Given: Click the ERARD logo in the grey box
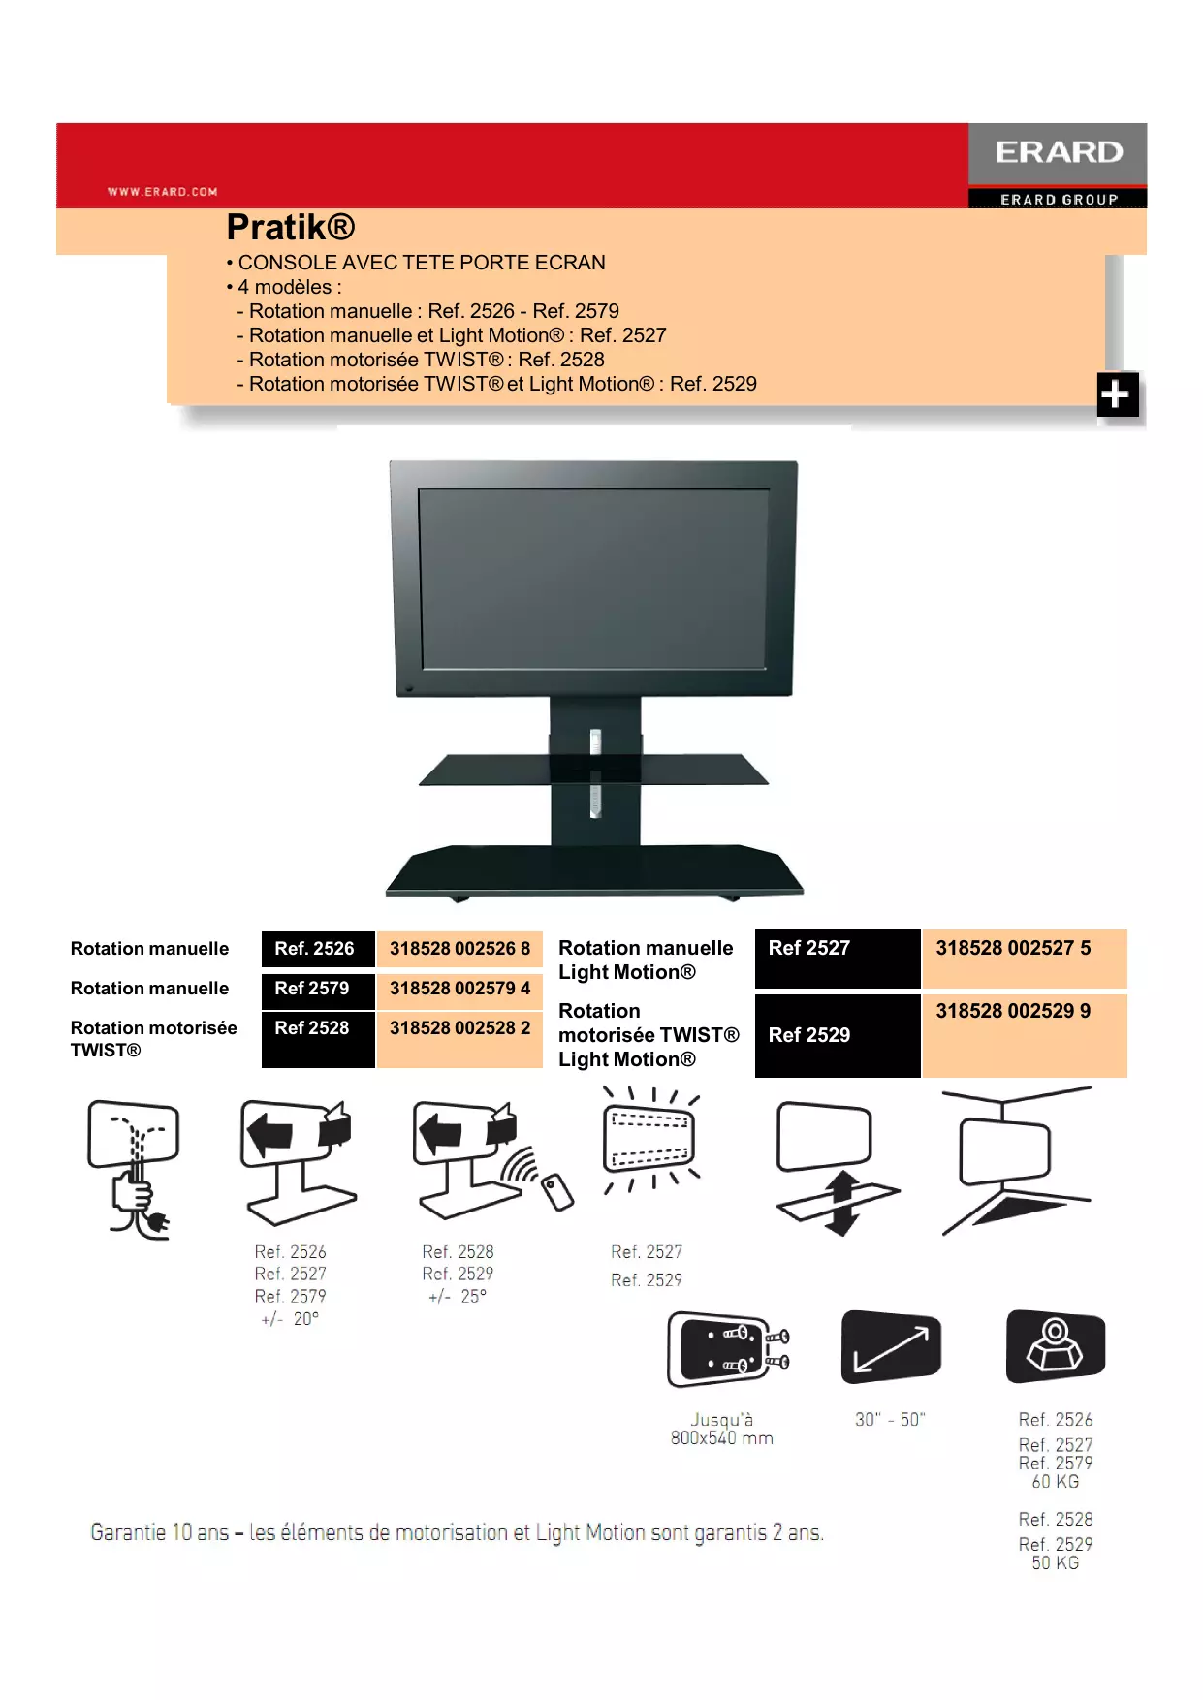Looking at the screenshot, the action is [1058, 152].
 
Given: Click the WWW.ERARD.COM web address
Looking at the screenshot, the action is [163, 192].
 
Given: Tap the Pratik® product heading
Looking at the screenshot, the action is [291, 228].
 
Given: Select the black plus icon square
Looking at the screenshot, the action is [1117, 394].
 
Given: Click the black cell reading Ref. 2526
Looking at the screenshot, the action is [317, 949].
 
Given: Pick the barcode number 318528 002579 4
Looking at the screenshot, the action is [459, 989].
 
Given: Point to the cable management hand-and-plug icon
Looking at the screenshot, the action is [135, 1168].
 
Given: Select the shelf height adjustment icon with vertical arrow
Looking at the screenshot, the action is [835, 1167].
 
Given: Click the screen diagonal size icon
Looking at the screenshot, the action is [891, 1347].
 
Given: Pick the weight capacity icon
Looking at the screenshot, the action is [1055, 1346].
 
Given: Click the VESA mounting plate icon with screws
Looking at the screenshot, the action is [727, 1349].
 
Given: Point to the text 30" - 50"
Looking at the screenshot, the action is [890, 1420].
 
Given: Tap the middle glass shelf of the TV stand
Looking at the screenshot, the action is [593, 770].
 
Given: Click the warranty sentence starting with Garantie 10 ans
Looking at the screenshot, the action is [457, 1532].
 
